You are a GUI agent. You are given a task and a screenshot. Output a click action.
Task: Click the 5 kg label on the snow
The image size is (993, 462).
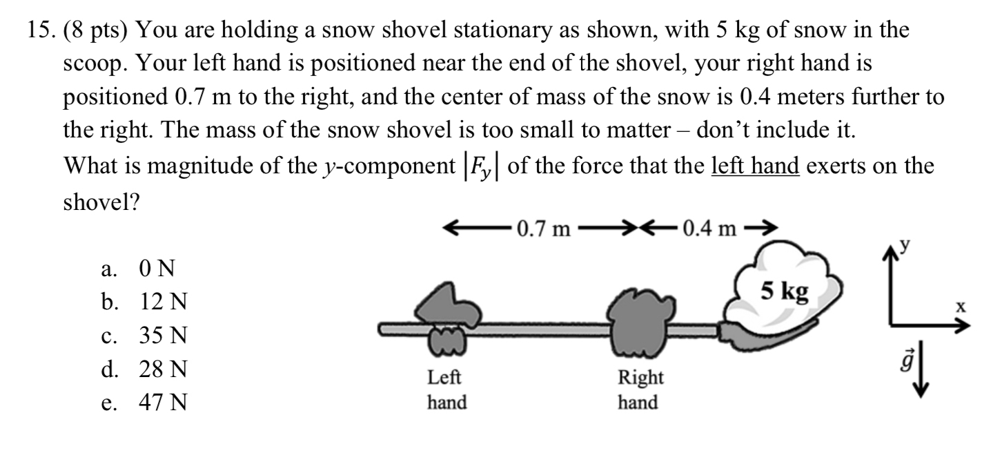pos(785,291)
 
